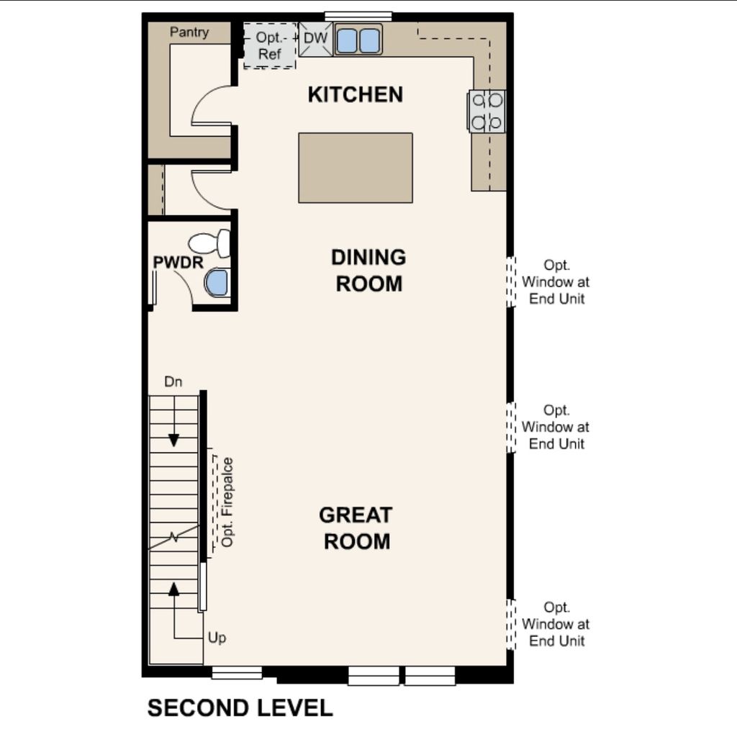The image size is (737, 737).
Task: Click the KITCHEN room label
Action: point(355,94)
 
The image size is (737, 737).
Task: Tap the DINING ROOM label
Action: point(368,271)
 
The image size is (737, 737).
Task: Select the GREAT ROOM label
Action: point(356,528)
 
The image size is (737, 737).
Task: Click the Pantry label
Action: point(189,32)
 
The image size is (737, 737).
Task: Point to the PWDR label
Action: point(178,263)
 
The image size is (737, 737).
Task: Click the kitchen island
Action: point(356,168)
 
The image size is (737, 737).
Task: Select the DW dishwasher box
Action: point(315,38)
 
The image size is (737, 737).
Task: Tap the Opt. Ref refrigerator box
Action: point(270,45)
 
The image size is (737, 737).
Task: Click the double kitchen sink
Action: point(358,40)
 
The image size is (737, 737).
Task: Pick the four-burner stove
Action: point(487,112)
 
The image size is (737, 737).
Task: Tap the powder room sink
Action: point(217,283)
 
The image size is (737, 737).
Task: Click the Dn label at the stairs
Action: point(173,382)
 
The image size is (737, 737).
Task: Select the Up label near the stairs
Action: point(217,638)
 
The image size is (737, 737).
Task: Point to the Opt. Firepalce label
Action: point(228,502)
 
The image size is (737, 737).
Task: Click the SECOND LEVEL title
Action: point(240,707)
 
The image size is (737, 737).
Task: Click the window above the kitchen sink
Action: point(358,16)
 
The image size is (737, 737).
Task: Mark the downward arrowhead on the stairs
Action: point(173,440)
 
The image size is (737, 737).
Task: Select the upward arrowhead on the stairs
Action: point(173,589)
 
